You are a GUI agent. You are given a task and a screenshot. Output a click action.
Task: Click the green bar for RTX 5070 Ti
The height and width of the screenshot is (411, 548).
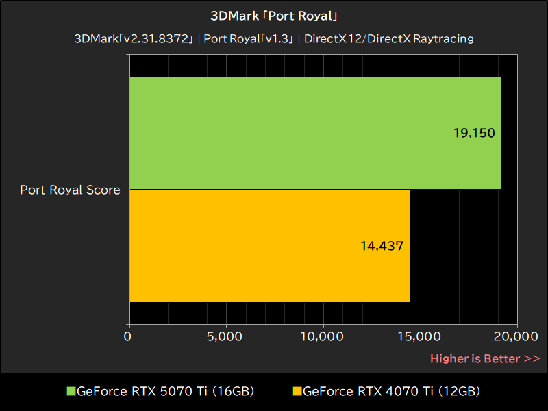315,133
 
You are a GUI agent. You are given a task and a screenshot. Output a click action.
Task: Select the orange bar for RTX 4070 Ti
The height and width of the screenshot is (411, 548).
269,245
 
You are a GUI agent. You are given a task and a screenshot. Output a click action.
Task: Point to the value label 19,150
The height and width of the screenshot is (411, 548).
474,133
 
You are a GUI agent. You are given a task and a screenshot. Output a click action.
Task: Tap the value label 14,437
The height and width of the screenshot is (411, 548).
382,245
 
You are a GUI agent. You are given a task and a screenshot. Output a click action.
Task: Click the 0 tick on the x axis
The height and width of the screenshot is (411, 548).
128,336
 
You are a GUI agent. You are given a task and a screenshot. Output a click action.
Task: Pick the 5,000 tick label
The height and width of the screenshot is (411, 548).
225,336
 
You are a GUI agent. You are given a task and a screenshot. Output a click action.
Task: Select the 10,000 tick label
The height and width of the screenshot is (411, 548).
321,336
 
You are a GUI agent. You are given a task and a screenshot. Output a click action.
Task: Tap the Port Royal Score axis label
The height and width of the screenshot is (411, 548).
70,190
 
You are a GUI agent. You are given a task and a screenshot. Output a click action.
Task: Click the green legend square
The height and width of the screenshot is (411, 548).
71,392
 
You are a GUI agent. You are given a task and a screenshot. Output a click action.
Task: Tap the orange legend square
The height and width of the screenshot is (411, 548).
297,392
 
